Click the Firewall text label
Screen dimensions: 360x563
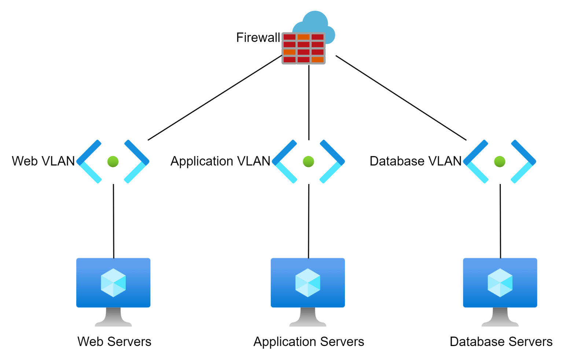click(x=258, y=38)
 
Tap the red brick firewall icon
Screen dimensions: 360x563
click(x=303, y=48)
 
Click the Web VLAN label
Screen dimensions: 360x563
click(x=43, y=161)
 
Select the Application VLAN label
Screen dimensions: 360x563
click(x=220, y=161)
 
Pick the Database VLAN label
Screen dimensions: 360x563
click(x=415, y=161)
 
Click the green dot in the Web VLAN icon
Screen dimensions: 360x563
click(x=113, y=161)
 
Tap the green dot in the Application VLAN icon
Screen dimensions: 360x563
click(x=308, y=161)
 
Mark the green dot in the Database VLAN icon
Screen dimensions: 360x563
click(x=500, y=161)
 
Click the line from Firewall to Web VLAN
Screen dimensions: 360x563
click(x=214, y=98)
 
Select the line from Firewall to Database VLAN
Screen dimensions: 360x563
click(x=401, y=98)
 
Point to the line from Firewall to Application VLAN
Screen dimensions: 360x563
click(x=309, y=103)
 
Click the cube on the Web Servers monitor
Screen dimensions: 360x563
click(x=113, y=283)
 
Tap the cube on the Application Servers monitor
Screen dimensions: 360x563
click(x=308, y=283)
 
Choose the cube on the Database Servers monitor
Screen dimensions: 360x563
click(x=500, y=283)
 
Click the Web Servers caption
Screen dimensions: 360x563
click(x=114, y=342)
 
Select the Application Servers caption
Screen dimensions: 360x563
click(x=309, y=342)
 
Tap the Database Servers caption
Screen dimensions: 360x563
click(x=501, y=342)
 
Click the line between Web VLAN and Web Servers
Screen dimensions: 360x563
click(x=113, y=220)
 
